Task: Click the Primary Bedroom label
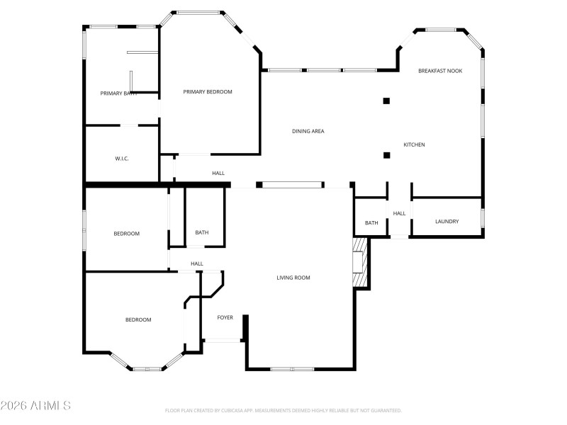click(x=207, y=91)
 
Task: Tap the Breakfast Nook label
click(x=439, y=71)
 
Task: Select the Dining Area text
click(x=308, y=131)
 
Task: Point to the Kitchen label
click(x=414, y=144)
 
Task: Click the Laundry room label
click(x=447, y=222)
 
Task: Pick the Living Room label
click(x=293, y=278)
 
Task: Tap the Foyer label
click(x=225, y=317)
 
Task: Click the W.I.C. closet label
click(x=121, y=159)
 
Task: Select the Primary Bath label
click(x=118, y=93)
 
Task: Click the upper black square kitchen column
click(x=386, y=101)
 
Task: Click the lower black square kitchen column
click(x=386, y=155)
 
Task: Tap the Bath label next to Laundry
click(x=371, y=223)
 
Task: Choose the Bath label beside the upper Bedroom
click(x=202, y=232)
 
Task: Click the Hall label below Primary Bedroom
click(x=218, y=173)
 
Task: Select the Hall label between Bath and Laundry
click(x=399, y=213)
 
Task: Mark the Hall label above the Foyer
click(x=196, y=263)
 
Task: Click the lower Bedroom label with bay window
click(x=138, y=319)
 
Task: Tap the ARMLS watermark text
click(x=35, y=406)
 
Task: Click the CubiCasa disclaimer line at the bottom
click(x=283, y=410)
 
